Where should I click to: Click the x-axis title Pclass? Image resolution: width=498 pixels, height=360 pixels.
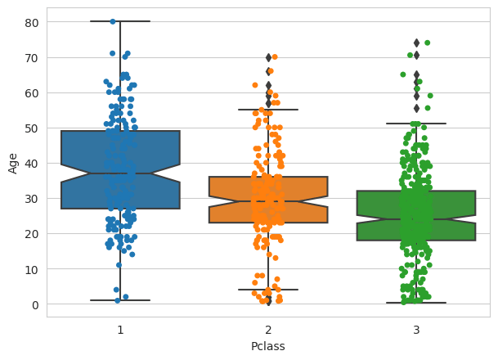click(268, 346)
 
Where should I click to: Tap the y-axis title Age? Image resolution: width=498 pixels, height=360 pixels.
click(13, 163)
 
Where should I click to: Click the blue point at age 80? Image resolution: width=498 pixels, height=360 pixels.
click(113, 21)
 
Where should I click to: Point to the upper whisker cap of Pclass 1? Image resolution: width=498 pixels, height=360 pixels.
click(120, 21)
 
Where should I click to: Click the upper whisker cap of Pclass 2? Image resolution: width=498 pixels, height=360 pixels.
click(268, 110)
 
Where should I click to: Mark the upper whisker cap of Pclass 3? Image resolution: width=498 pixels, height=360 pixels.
click(416, 124)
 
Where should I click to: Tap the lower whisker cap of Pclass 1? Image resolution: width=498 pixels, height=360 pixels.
click(120, 300)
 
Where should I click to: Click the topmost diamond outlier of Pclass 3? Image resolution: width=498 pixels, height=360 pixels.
click(416, 43)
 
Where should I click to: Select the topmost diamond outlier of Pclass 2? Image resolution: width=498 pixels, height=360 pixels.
click(268, 57)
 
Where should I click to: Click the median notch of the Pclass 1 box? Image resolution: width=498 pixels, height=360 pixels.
click(120, 173)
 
